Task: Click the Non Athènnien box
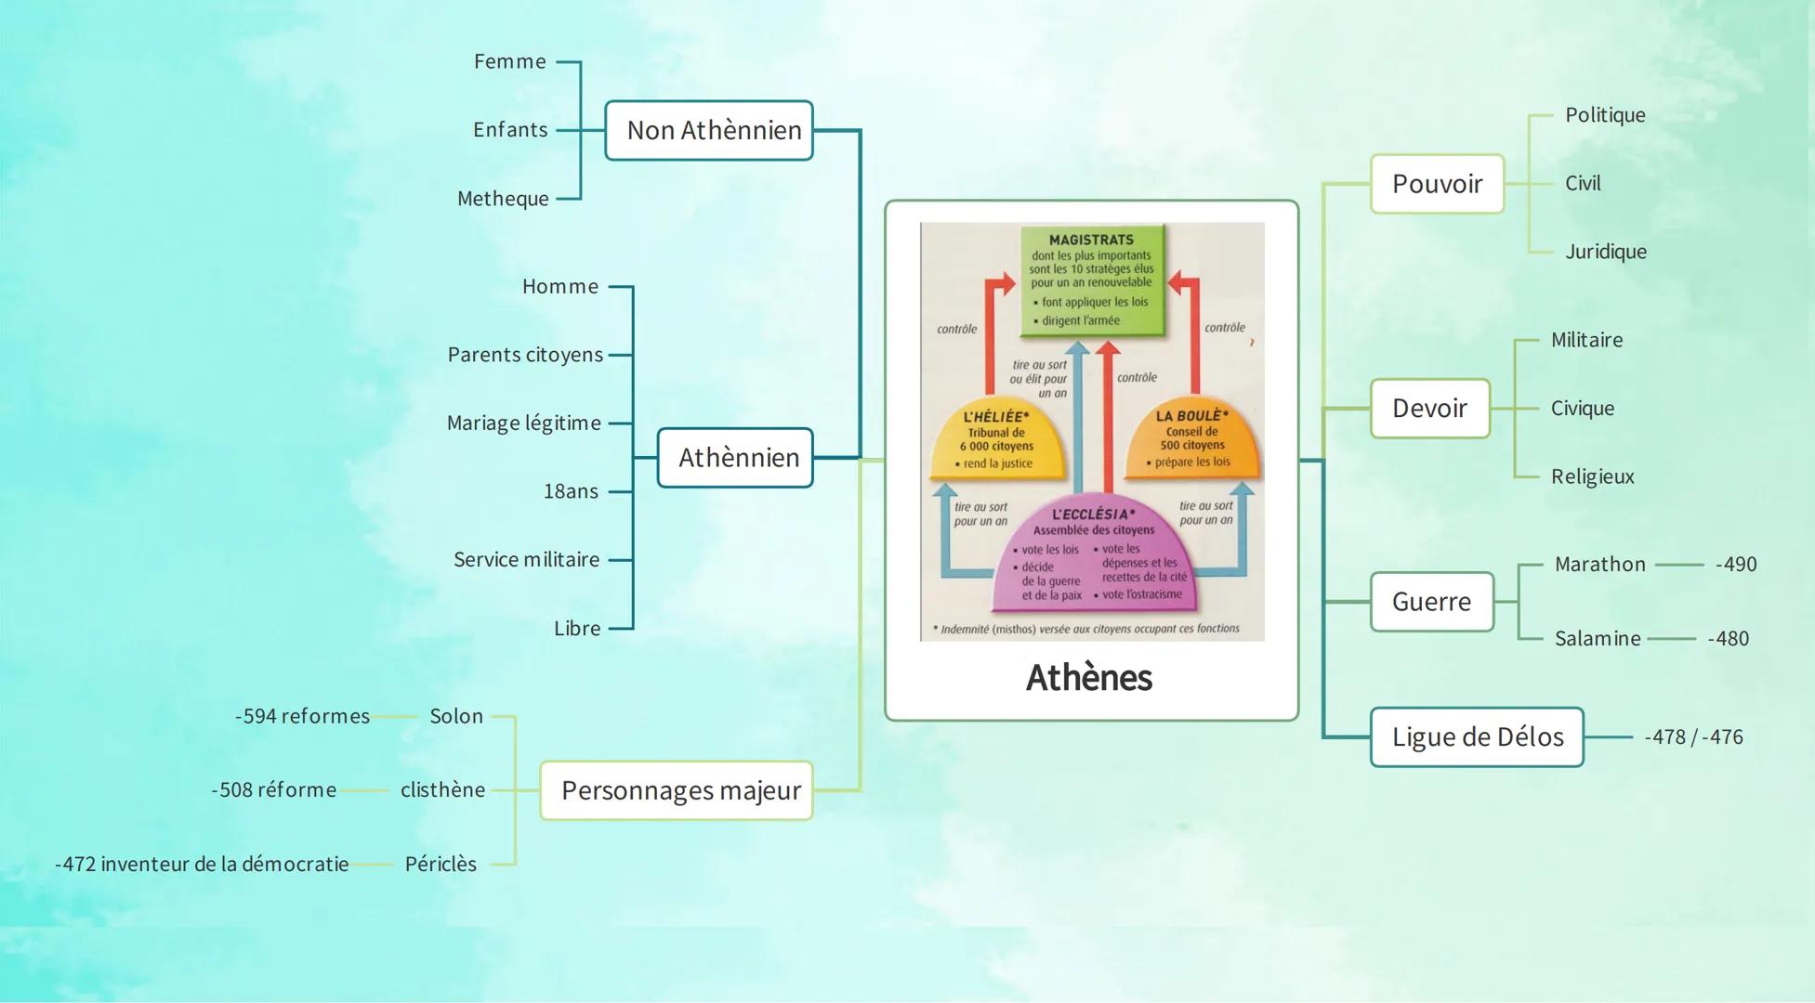(709, 131)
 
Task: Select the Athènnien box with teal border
(735, 458)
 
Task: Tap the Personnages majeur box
(677, 790)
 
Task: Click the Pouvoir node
(1437, 184)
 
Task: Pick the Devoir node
(1429, 409)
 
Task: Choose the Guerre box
(1431, 602)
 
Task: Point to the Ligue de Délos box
(1477, 737)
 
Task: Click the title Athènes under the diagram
(1089, 678)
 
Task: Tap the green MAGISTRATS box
(1092, 280)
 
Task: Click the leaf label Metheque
(503, 199)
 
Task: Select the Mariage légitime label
(523, 423)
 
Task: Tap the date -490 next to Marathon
(1736, 565)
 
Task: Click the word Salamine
(1598, 639)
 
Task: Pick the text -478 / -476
(1693, 737)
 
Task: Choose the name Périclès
(441, 865)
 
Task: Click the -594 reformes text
(302, 717)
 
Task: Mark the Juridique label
(1605, 252)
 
